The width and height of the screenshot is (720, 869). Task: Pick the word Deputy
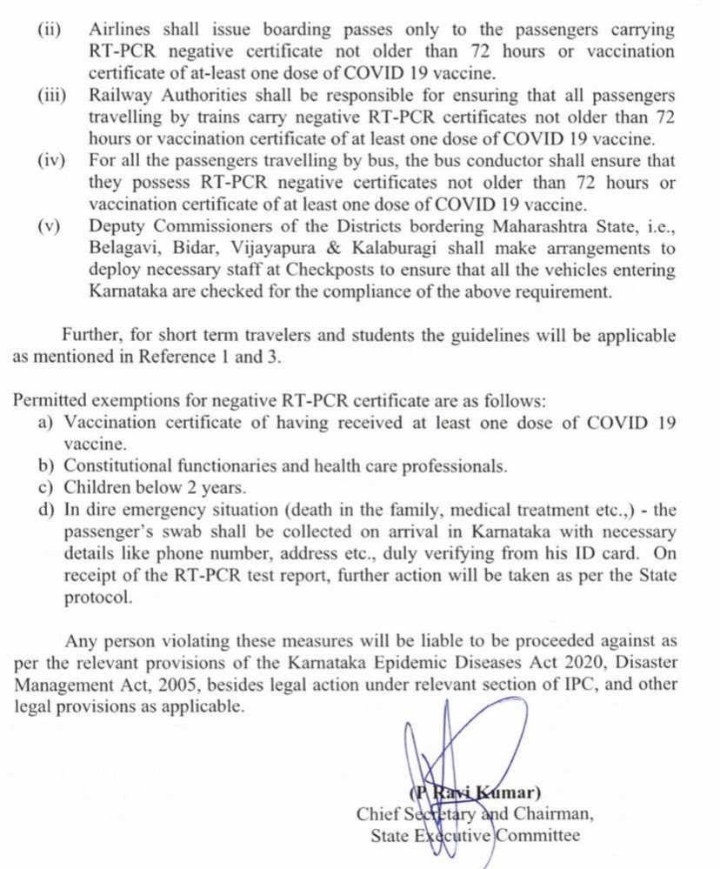point(117,227)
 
